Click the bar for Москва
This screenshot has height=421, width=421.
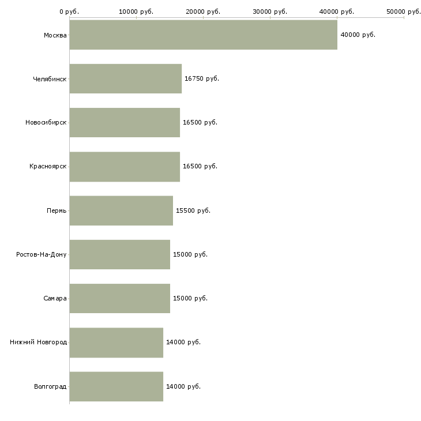pos(203,35)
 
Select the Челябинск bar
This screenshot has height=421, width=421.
pos(126,78)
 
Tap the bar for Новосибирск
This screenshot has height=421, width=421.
pos(125,122)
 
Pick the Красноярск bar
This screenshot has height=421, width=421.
pos(125,166)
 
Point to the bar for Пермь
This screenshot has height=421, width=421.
pos(121,210)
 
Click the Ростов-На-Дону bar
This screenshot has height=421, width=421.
pos(120,254)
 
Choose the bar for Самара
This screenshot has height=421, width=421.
pos(120,298)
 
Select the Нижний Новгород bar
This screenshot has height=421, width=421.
pos(116,342)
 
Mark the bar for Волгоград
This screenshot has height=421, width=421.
pos(116,386)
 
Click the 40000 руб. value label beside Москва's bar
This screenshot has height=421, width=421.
pos(358,35)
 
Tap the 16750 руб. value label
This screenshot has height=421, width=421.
pos(202,78)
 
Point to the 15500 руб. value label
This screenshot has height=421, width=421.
pos(193,210)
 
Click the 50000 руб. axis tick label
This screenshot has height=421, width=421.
pos(404,12)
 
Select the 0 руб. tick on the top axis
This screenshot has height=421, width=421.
pos(69,12)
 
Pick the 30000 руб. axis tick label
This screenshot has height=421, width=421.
pos(270,12)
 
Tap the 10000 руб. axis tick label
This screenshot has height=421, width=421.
pos(136,12)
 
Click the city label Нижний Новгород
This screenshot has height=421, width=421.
pos(39,342)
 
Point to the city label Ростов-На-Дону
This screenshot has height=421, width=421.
pos(42,254)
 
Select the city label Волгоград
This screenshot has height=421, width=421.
pos(50,386)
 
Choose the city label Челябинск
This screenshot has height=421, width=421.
pos(50,78)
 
